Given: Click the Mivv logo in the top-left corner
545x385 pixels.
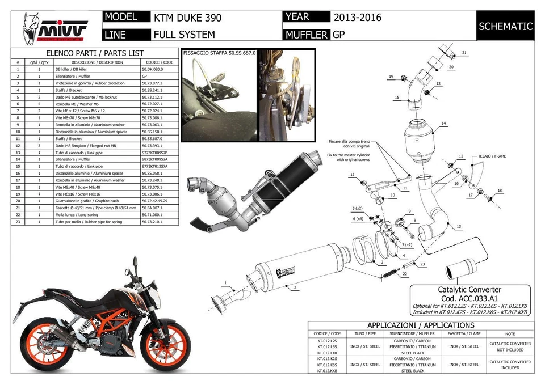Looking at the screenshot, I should pyautogui.click(x=54, y=28).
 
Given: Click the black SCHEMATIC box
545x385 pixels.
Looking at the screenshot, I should pyautogui.click(x=505, y=26).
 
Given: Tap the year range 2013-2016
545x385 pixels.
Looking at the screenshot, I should pyautogui.click(x=357, y=18).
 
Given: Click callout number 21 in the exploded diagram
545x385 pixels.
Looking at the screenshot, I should pyautogui.click(x=464, y=53).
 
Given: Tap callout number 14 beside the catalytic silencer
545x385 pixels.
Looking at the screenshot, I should pyautogui.click(x=443, y=123).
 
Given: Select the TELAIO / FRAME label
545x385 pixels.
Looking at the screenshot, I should pyautogui.click(x=492, y=156).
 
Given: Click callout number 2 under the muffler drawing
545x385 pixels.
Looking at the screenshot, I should pyautogui.click(x=295, y=287).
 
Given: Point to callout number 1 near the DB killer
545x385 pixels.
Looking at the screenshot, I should pyautogui.click(x=225, y=282).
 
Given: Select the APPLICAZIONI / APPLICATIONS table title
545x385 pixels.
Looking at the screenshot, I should pyautogui.click(x=420, y=325).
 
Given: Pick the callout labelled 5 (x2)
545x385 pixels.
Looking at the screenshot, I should pyautogui.click(x=358, y=209).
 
